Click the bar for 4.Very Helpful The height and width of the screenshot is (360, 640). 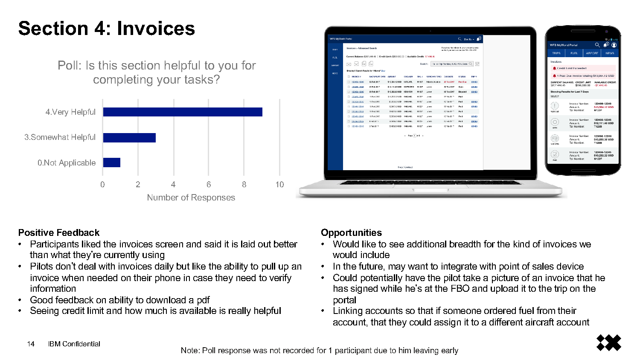coord(183,112)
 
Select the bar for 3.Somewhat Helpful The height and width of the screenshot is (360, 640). coord(129,137)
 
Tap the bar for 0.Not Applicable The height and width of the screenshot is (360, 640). coord(111,163)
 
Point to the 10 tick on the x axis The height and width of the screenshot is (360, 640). coord(279,184)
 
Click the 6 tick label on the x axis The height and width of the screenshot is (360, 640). coord(209,184)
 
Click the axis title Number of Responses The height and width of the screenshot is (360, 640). coord(191,197)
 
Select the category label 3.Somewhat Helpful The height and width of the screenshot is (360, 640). coord(60,137)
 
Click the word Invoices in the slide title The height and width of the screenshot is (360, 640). coord(156,29)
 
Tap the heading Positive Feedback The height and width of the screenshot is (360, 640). coord(59,232)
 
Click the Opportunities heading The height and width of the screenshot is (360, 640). coord(351,232)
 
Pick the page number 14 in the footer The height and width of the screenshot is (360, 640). coord(31,344)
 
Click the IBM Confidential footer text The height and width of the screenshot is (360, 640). coord(74,344)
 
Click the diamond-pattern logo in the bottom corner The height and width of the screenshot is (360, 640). coord(608,343)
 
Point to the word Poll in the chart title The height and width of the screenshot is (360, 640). coord(69,65)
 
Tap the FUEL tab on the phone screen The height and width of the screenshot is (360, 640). coord(574,53)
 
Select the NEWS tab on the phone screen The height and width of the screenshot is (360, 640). coord(610,53)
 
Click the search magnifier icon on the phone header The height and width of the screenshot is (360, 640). coord(597,45)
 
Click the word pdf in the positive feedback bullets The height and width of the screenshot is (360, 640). coord(203,300)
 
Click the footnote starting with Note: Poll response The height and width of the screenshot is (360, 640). coord(319,350)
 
